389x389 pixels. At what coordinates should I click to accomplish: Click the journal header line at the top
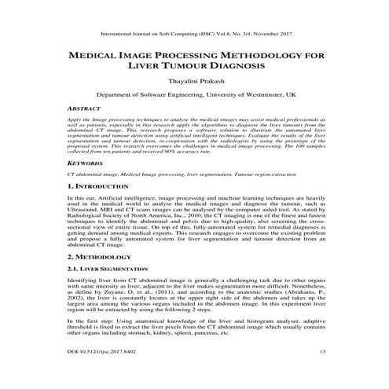(x=194, y=34)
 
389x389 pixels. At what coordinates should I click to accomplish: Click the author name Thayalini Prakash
(x=194, y=81)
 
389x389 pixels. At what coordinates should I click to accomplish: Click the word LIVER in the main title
(x=145, y=67)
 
